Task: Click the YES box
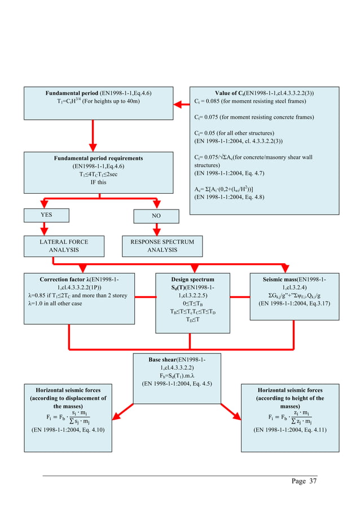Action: click(46, 215)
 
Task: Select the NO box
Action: click(156, 216)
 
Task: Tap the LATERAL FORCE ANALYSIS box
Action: click(64, 246)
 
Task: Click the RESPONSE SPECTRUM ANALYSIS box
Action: click(162, 246)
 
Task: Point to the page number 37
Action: click(304, 481)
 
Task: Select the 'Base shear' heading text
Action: click(177, 359)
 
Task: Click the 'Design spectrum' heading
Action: click(192, 279)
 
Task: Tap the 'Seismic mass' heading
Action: click(294, 279)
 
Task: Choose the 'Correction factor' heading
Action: click(78, 279)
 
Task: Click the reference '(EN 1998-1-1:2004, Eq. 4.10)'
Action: click(70, 430)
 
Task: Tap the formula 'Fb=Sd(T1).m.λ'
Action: click(177, 376)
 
